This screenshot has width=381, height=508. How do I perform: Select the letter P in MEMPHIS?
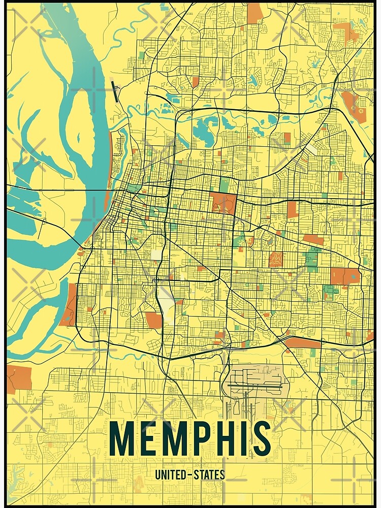pos(209,438)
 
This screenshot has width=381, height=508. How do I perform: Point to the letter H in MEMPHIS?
pos(234,438)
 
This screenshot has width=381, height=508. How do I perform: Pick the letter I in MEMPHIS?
pos(251,438)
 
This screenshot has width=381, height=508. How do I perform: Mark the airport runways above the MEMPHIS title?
pos(254,386)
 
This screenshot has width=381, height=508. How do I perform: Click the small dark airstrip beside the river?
pos(115,90)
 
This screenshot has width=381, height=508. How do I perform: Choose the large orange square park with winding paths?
pos(224,202)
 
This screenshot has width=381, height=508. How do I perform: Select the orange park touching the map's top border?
pos(254,13)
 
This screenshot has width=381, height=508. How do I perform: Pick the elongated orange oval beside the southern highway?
pos(302,343)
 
